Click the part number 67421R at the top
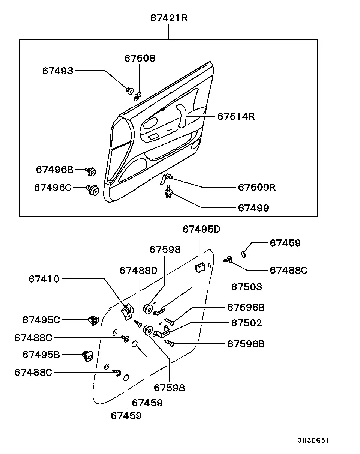pos(169,18)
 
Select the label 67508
pos(139,58)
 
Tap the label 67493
pos(58,71)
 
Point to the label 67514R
pos(236,116)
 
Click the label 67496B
pos(54,170)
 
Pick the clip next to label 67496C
pos(93,190)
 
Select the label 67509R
pos(256,187)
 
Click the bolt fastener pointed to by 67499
pos(168,192)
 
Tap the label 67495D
pos(201,229)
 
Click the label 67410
pos(44,279)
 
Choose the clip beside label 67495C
pos(94,320)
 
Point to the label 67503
pos(246,287)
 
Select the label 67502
pos(246,323)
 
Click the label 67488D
pos(138,270)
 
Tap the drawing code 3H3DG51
pos(313,440)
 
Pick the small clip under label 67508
pos(138,96)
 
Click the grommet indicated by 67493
pos(130,91)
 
